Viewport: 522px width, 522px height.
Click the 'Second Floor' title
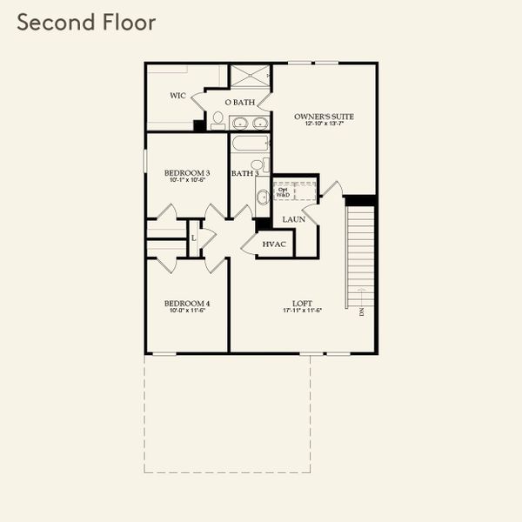86,23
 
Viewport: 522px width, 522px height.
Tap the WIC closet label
177,96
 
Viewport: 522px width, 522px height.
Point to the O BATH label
240,103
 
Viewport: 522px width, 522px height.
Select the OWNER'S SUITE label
324,116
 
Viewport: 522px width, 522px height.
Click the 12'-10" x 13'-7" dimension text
324,124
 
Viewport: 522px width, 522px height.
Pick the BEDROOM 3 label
187,173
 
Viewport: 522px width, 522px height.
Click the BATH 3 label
245,174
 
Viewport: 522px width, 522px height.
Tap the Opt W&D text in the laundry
284,191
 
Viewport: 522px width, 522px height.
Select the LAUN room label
293,219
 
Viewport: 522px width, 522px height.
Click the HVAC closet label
274,244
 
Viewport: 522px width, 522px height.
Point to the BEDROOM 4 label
187,304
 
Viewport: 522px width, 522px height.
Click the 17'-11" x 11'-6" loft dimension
302,311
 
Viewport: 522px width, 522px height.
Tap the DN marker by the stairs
361,311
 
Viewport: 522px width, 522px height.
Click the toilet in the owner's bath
217,117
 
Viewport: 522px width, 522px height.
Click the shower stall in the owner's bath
251,75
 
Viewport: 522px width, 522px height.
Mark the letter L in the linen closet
193,236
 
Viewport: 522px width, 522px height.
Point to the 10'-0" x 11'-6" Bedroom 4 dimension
187,311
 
